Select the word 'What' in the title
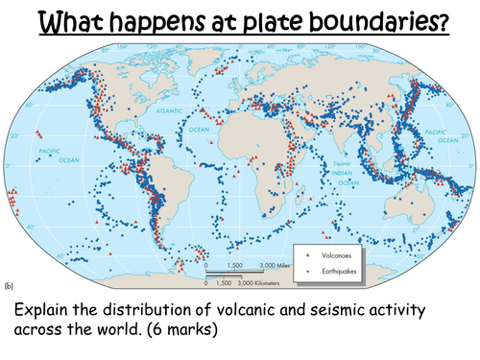pyautogui.click(x=68, y=20)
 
